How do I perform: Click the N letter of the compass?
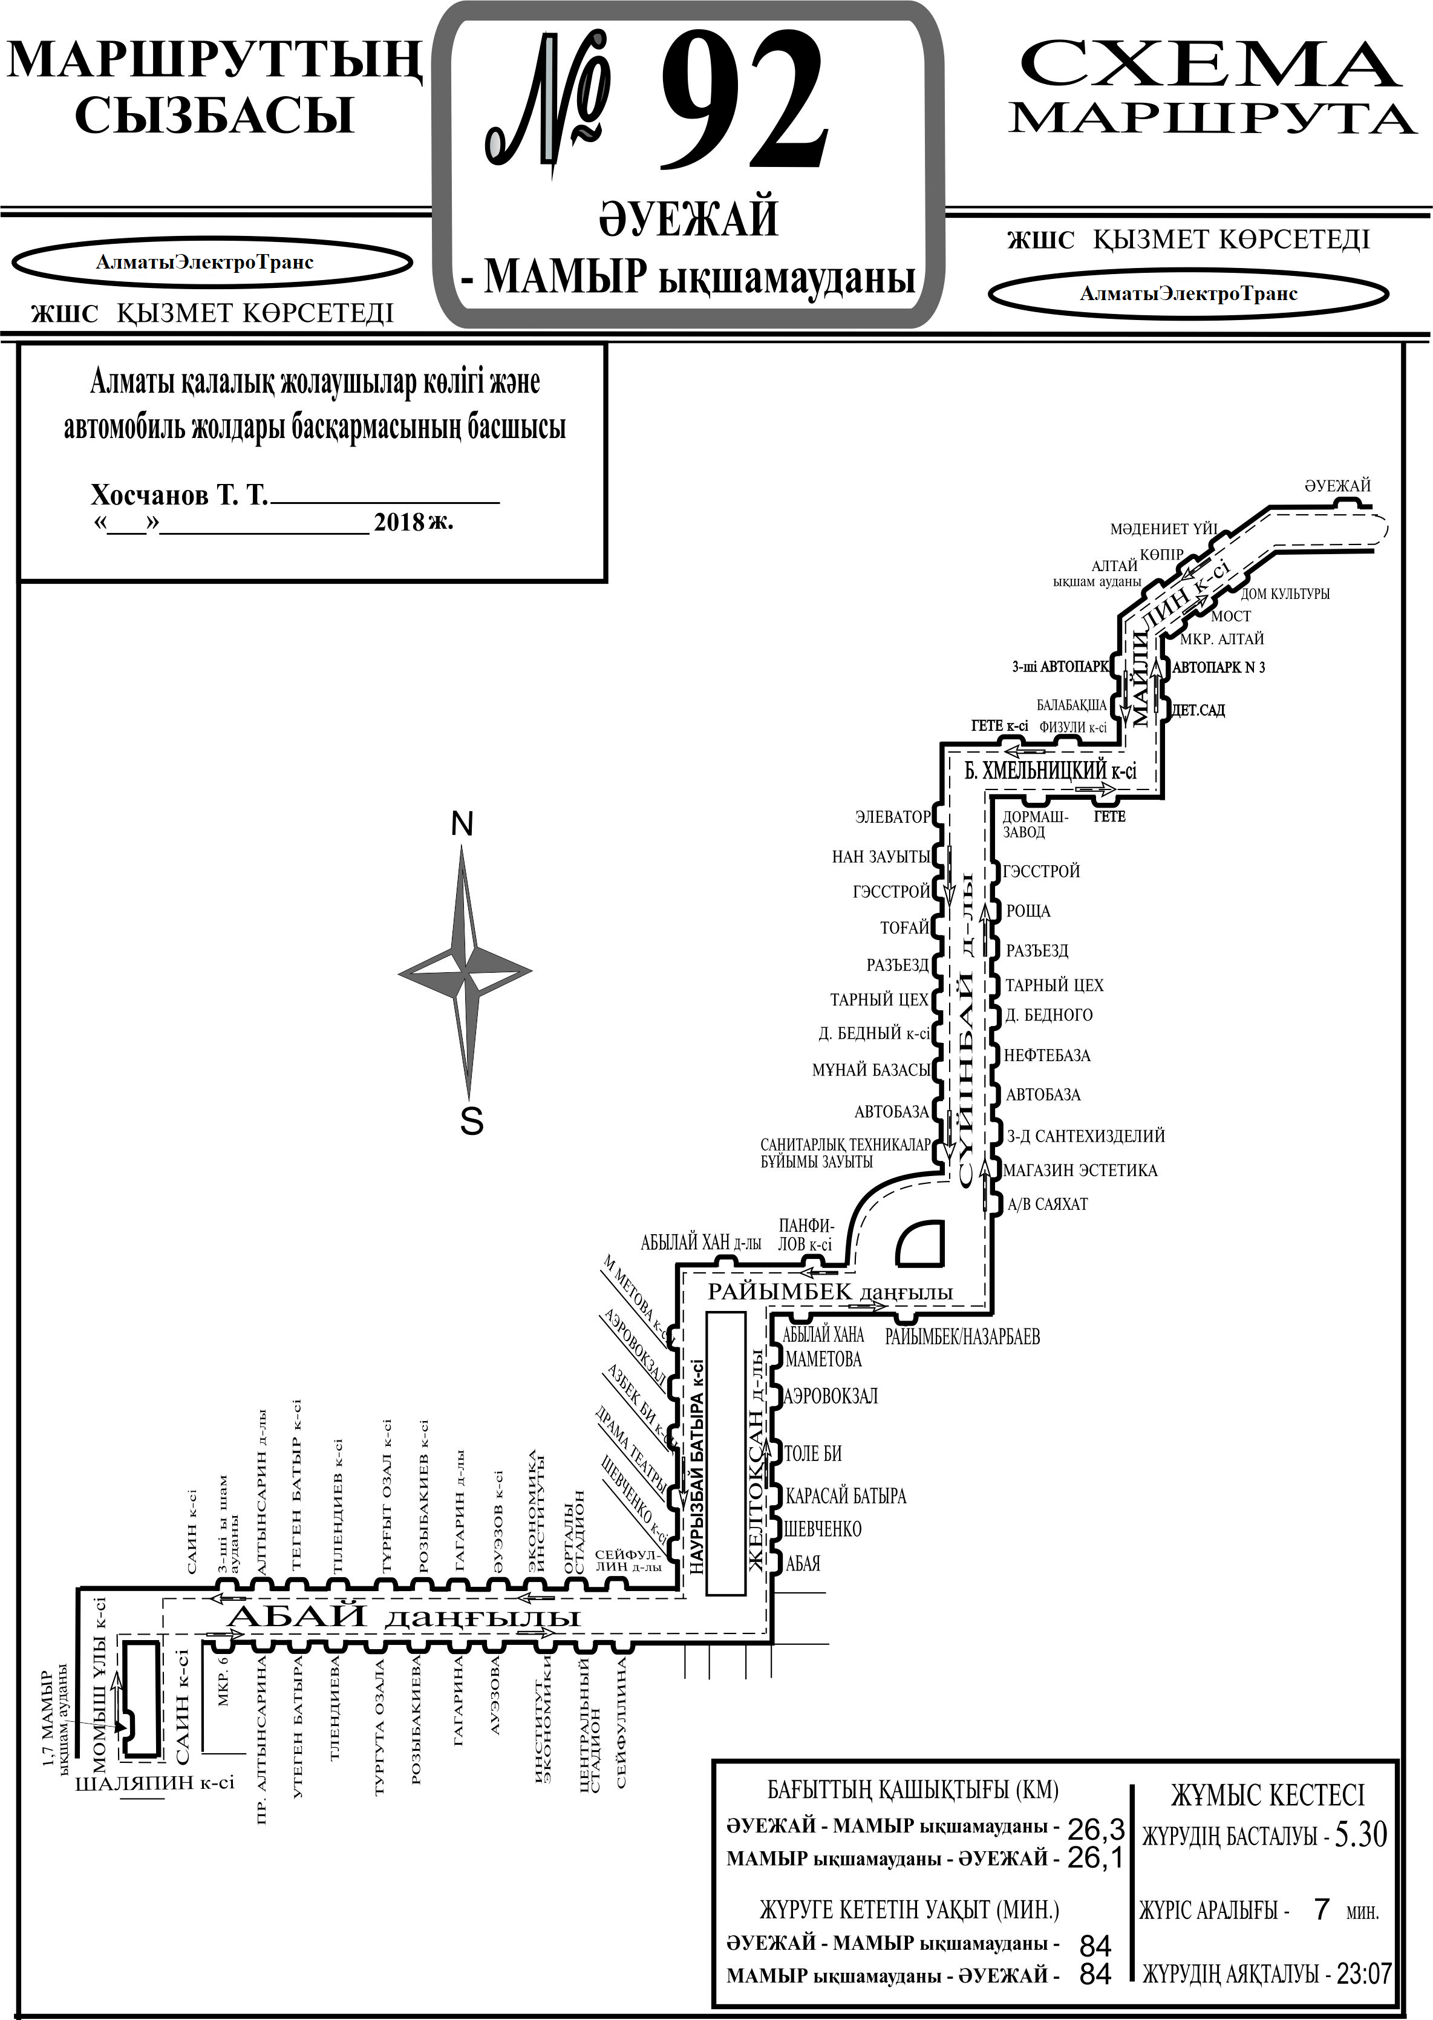462,823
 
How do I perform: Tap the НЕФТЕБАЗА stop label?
1048,1054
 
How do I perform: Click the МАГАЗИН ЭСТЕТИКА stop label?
1081,1170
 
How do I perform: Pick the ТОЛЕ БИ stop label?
813,1453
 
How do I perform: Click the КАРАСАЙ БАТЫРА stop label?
845,1496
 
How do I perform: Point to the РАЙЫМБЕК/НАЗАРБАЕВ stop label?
962,1337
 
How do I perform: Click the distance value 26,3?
1096,1828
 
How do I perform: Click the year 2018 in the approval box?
399,521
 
